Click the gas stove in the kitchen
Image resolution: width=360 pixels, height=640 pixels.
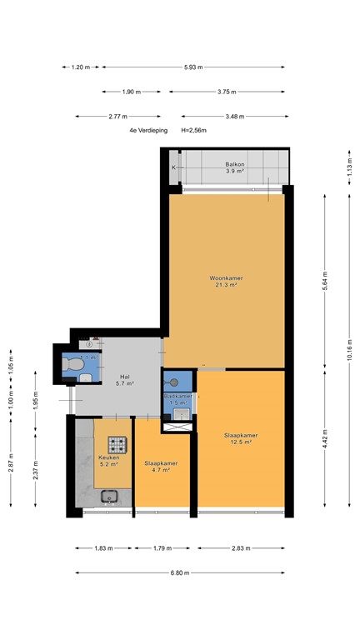coord(115,444)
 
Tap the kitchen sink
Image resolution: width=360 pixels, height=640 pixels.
coord(110,497)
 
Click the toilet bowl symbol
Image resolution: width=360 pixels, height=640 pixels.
coord(73,365)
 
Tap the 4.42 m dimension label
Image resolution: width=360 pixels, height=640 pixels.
coord(325,435)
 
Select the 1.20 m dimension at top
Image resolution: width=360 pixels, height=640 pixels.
coord(81,67)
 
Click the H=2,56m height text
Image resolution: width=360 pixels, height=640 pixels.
coord(193,131)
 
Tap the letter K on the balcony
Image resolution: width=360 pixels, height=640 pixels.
coord(173,168)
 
